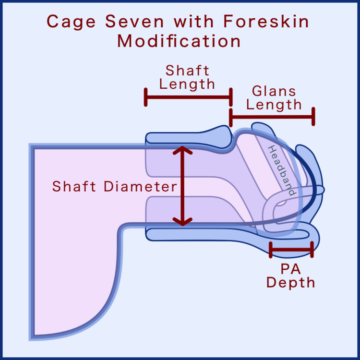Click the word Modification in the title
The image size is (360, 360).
[179, 41]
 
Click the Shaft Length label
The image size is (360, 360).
[187, 77]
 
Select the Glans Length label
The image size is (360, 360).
[274, 97]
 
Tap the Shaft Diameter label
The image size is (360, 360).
[115, 186]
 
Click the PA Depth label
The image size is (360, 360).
[291, 275]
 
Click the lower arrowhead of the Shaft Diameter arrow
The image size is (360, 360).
[182, 221]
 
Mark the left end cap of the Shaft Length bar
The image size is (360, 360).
[145, 97]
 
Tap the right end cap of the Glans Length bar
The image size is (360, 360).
[313, 116]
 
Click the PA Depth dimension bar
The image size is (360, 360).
[291, 250]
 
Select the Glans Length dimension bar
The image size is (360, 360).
[272, 116]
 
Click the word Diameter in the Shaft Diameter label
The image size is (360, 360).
[142, 186]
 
